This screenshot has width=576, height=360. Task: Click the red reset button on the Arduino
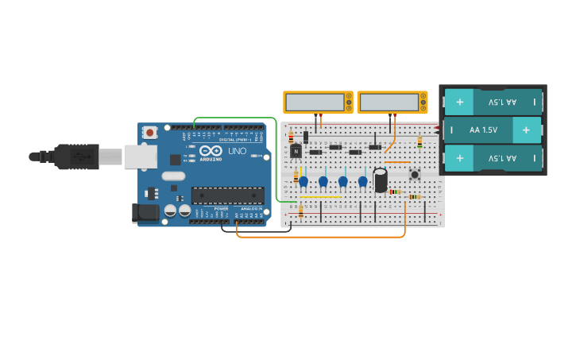coord(150,134)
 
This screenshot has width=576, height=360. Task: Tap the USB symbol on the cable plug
coord(77,157)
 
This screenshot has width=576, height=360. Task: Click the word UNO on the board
coord(237,151)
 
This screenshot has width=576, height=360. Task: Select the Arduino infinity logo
coord(211,150)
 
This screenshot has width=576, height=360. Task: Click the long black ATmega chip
coord(227,195)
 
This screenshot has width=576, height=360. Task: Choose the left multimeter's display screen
coord(314,103)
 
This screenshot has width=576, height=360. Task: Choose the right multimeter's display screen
coord(388,103)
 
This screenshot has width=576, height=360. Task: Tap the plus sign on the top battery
coord(460,102)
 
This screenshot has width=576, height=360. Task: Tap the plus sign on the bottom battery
coord(460,157)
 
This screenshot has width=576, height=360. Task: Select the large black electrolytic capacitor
coord(381,180)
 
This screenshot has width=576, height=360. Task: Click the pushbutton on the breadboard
coord(414,174)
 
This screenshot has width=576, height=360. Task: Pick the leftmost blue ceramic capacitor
coord(303,182)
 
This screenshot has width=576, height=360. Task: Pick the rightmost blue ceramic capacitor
coord(363,182)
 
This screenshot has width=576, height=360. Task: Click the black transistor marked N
coord(296,151)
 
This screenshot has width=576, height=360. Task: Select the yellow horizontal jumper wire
coord(321,197)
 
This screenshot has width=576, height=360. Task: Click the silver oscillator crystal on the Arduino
coord(173,176)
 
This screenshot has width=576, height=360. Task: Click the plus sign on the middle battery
coord(525,130)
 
